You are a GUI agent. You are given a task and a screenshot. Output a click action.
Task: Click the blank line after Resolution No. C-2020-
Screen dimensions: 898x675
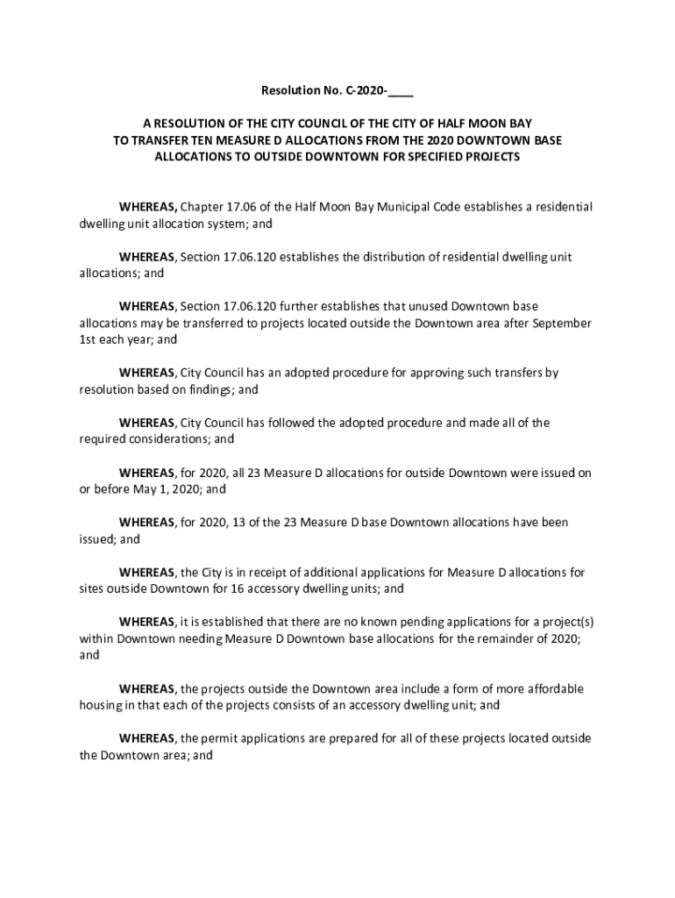[401, 91]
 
